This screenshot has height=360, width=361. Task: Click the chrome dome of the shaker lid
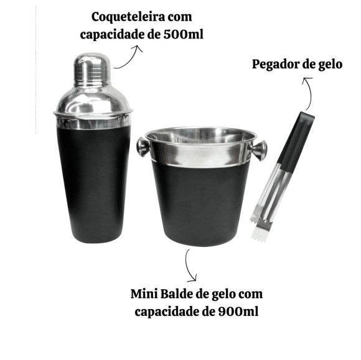click(93, 93)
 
